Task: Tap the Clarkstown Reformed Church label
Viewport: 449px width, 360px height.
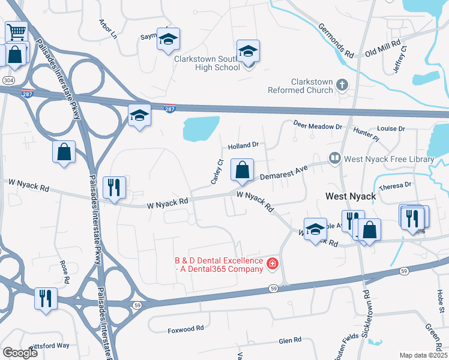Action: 312,86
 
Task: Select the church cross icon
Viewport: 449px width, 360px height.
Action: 343,85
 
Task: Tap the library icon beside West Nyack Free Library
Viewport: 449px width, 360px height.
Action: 334,160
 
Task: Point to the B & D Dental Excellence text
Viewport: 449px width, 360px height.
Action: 218,265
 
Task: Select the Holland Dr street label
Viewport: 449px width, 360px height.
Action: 243,145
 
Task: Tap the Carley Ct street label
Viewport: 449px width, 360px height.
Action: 217,172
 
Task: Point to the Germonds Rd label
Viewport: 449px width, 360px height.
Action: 336,41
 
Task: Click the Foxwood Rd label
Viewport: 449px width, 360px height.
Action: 186,329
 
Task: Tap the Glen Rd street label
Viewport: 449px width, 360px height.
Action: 290,340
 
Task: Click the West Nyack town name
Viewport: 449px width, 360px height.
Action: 351,196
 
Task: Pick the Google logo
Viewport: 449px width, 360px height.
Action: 20,353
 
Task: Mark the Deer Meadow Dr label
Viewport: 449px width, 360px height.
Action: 318,126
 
